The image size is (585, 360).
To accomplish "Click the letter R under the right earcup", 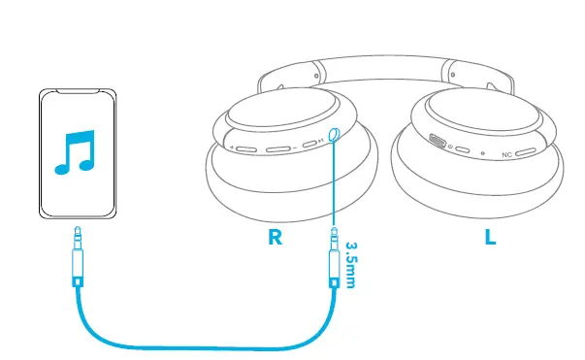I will coord(276,237).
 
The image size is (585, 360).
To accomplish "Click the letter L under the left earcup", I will coord(490,237).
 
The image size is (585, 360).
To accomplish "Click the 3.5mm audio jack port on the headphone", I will coord(334,135).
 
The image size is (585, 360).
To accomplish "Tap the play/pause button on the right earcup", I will coord(310,146).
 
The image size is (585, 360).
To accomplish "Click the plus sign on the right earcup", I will coord(233,148).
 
